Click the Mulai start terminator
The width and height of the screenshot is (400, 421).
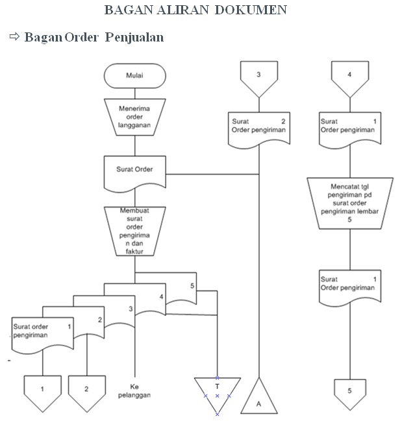point(135,75)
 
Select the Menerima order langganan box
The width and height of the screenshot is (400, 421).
point(135,117)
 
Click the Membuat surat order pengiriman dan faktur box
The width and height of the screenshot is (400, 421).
point(135,231)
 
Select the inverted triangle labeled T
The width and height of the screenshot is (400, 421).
point(218,391)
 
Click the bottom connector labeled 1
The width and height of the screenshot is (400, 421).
point(42,392)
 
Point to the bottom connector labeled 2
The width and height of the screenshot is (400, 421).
point(86,392)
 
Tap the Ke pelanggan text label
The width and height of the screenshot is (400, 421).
point(135,389)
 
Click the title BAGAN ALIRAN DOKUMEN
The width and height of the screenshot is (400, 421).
point(195,10)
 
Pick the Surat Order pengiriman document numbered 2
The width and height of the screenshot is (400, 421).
point(259,128)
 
